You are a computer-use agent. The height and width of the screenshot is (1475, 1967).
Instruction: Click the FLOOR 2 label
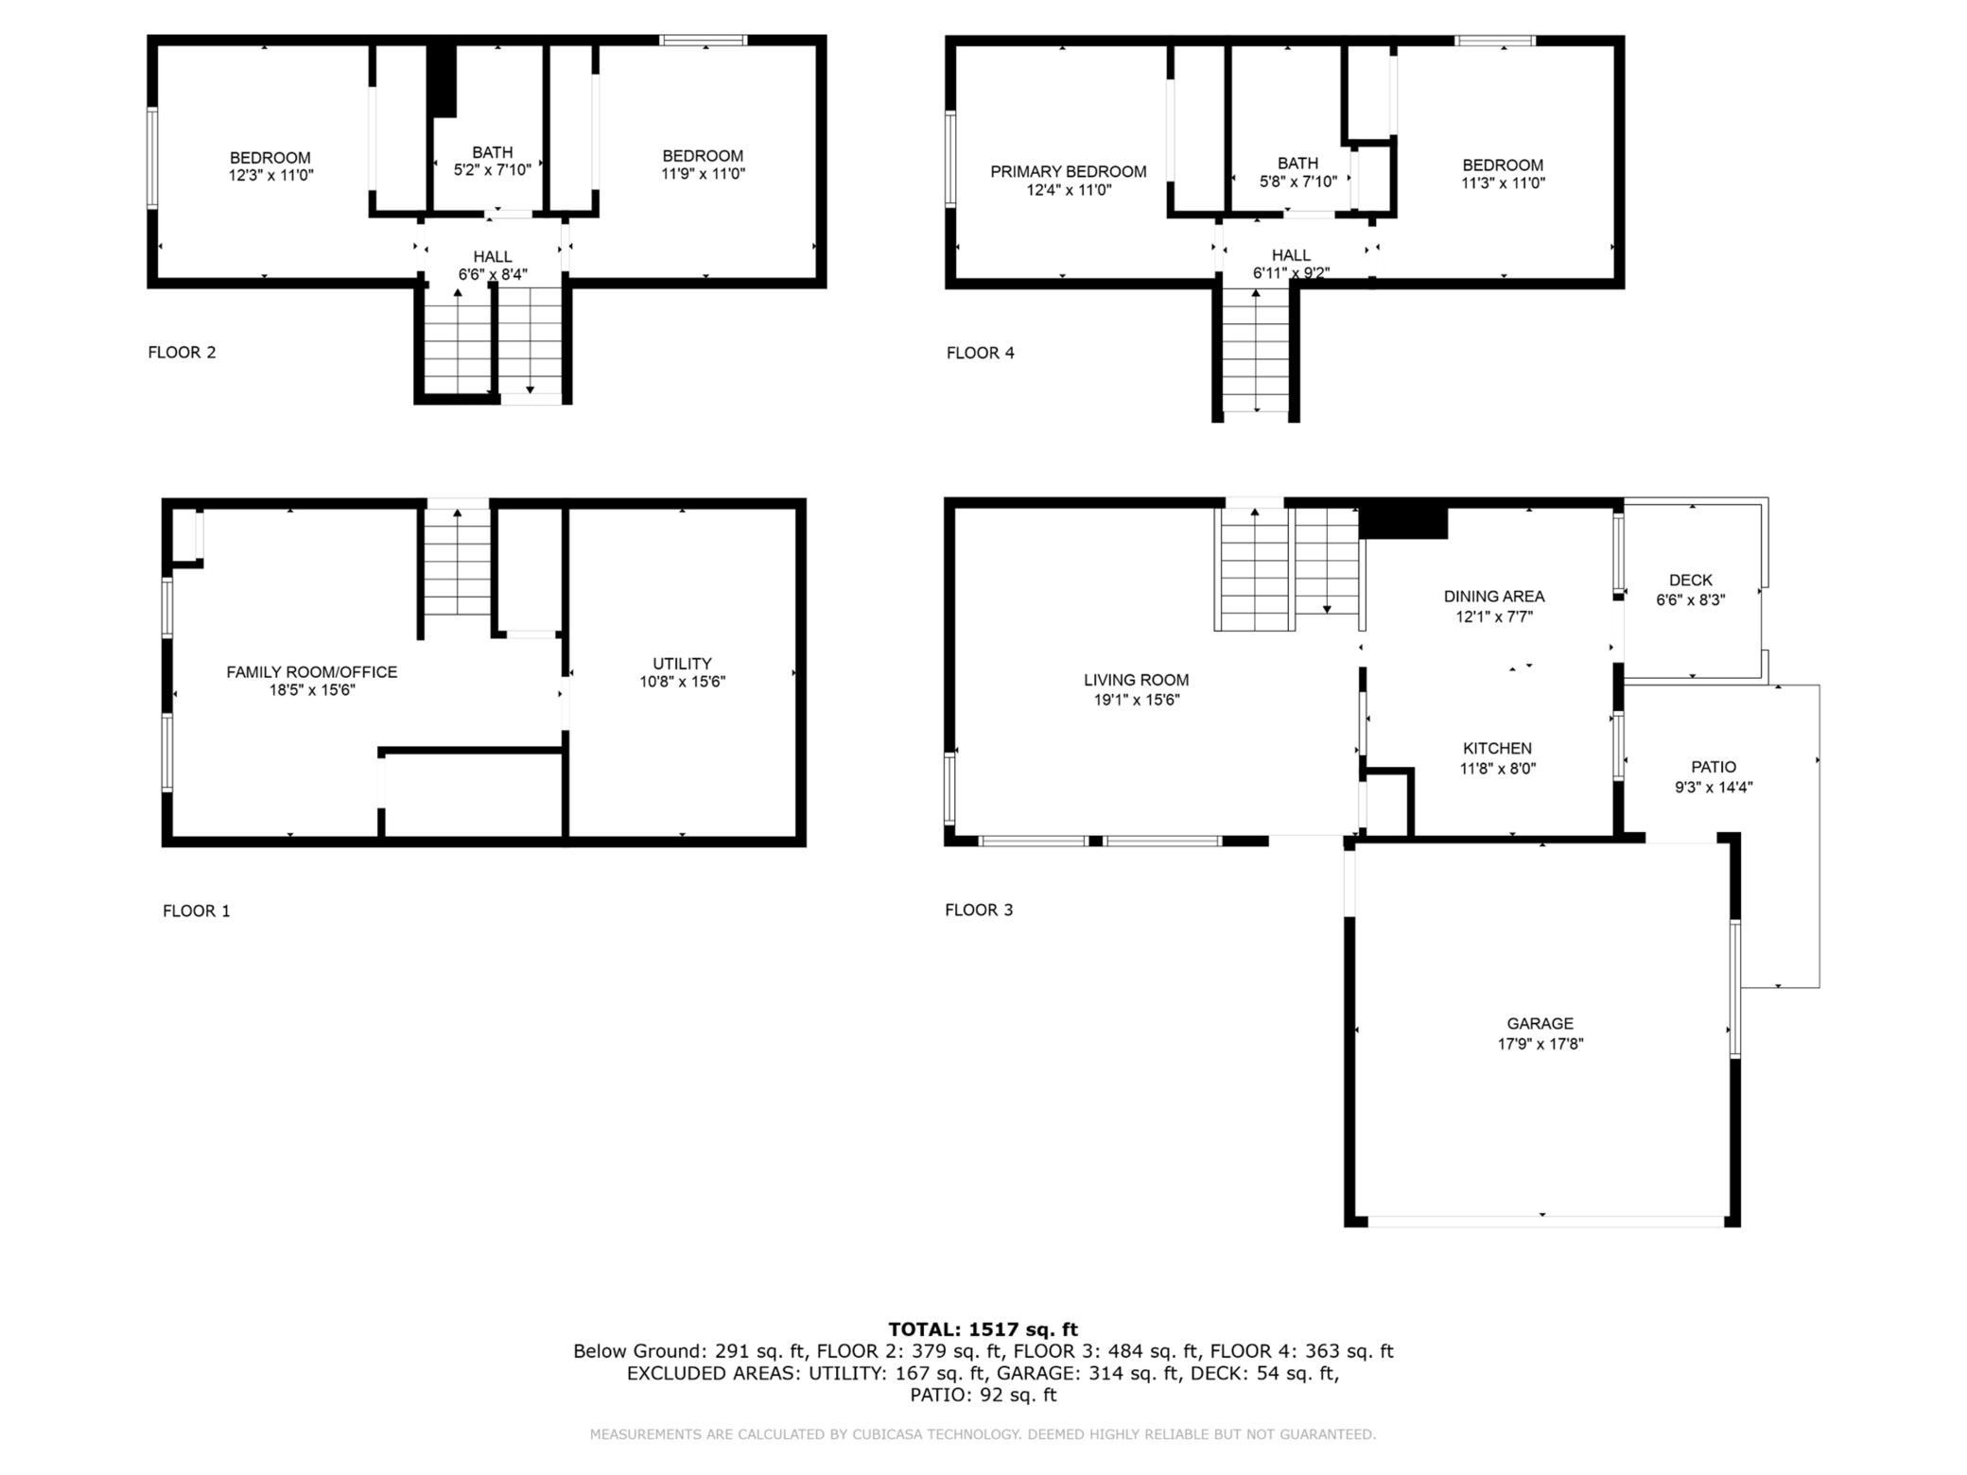182,353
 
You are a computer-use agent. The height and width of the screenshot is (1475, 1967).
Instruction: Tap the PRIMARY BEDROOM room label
1068,171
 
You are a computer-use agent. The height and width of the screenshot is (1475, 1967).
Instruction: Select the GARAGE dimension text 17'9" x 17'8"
1540,1044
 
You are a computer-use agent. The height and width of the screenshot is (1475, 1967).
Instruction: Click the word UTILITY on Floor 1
681,664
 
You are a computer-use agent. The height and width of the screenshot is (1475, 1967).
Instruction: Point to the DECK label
1690,581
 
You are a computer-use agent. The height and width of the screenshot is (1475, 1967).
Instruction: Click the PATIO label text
1713,767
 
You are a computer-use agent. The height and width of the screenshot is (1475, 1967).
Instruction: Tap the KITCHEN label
1497,749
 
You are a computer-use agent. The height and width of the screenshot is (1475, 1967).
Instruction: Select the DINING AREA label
1493,597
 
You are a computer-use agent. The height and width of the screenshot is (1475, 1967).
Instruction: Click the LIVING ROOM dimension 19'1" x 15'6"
1136,701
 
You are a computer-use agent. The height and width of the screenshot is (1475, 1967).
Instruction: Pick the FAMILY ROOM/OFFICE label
311,672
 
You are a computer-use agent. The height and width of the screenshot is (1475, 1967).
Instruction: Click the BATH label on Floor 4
1297,164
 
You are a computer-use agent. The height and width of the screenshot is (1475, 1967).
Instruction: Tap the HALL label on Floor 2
492,257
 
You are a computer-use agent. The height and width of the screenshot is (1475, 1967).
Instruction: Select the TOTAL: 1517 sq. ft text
983,1329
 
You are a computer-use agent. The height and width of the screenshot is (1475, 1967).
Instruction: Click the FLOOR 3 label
978,910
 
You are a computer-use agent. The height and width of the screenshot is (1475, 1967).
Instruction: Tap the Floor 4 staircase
1255,355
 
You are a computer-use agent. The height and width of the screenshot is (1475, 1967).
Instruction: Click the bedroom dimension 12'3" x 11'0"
270,175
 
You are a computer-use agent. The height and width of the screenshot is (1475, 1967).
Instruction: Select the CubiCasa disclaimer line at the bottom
983,1434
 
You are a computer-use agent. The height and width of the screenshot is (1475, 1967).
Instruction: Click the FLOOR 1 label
196,911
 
